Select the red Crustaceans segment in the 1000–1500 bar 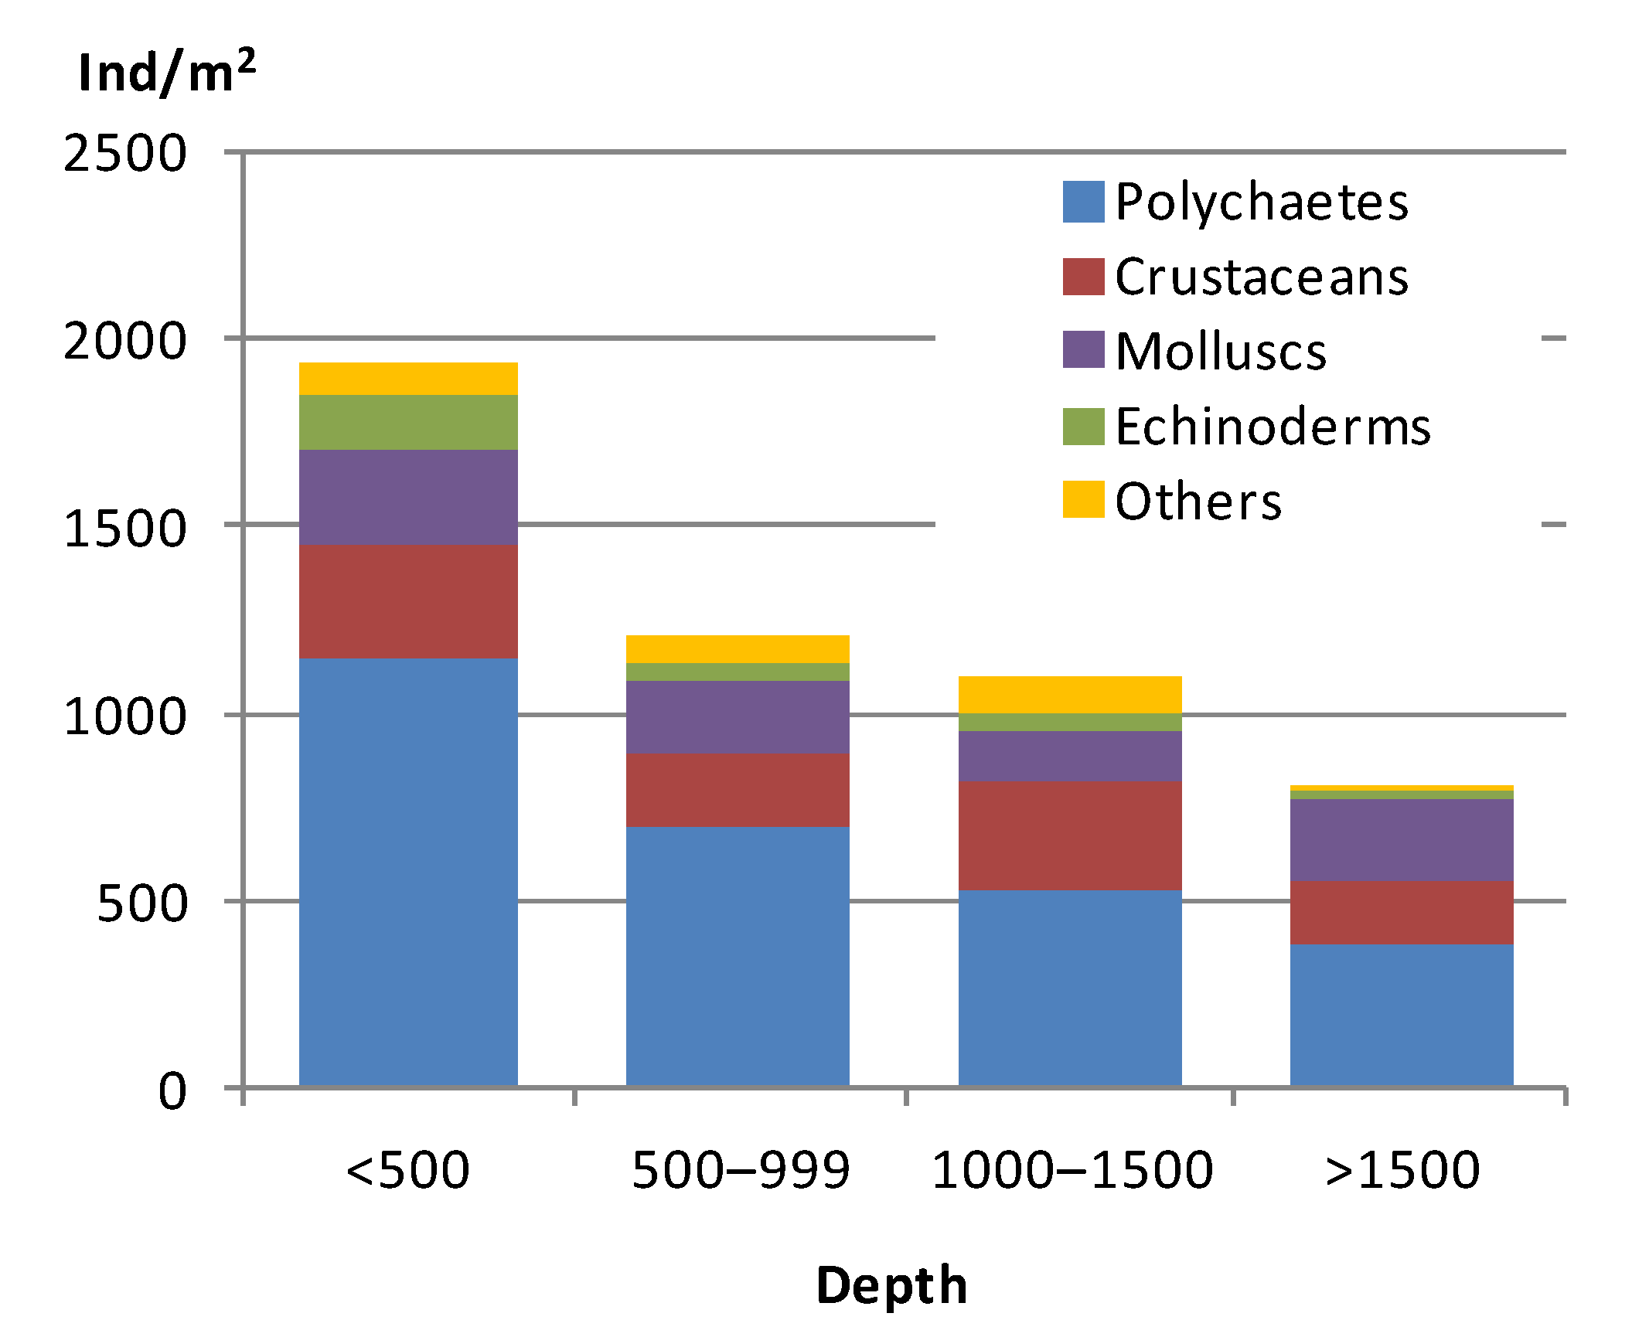tap(1070, 835)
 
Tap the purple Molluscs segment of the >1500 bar tap(1402, 839)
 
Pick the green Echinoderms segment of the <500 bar tap(408, 422)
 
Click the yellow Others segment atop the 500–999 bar tap(738, 648)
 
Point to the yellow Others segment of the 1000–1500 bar tap(1070, 694)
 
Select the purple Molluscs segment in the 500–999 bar tap(738, 716)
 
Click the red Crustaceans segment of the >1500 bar tap(1402, 912)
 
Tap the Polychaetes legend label tap(1262, 202)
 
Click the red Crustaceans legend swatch tap(1083, 277)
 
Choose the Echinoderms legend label tap(1273, 427)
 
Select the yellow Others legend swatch tap(1083, 499)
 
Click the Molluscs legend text tap(1221, 352)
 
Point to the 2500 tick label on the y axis tap(125, 153)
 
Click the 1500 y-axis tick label tap(125, 529)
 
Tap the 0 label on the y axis tap(172, 1092)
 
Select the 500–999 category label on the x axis tap(741, 1170)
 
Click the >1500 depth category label tap(1402, 1170)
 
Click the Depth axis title tap(891, 1286)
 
